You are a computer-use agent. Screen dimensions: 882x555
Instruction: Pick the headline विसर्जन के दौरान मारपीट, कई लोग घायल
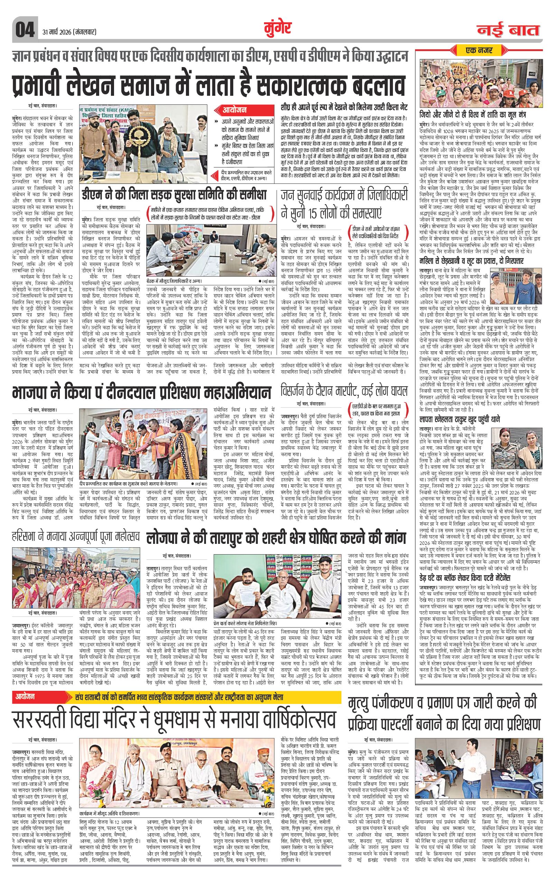coord(344,390)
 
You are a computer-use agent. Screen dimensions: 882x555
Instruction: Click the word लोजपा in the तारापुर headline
coord(165,538)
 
